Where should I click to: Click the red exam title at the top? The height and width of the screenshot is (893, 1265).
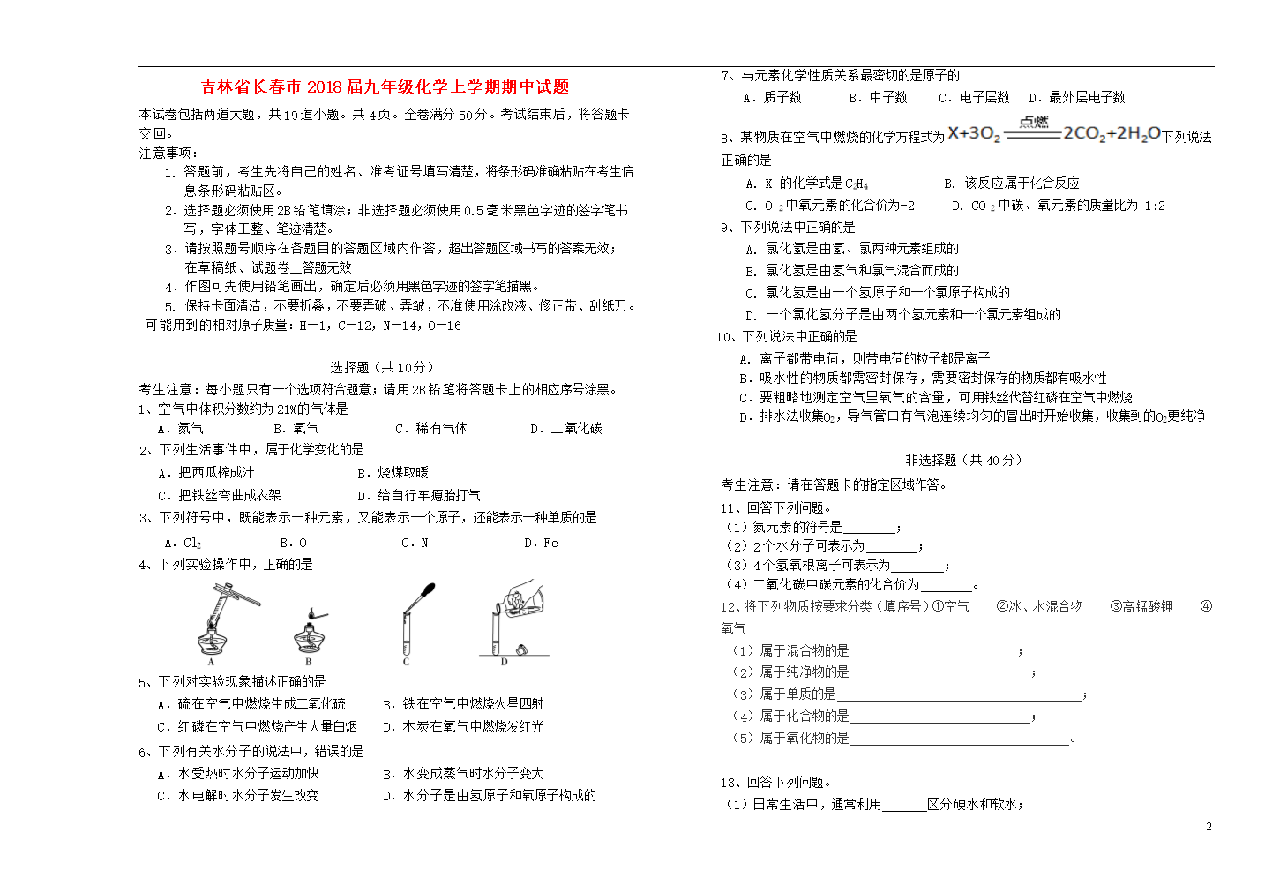point(385,86)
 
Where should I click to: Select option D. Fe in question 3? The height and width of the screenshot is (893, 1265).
point(541,543)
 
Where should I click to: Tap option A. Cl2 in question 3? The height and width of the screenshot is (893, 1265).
point(183,543)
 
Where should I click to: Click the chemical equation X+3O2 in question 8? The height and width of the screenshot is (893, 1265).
point(1054,133)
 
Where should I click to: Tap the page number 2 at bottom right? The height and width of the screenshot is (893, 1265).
point(1209,827)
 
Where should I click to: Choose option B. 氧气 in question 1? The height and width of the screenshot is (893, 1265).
point(296,428)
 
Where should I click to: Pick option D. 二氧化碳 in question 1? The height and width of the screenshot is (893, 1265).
point(565,428)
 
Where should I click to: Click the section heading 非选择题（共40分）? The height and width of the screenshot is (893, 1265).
point(963,460)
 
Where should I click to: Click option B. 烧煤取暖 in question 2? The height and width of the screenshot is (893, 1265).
point(393,472)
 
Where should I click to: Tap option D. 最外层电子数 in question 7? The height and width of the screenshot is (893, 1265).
point(1077,97)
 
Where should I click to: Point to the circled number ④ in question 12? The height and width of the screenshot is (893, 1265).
point(1206,606)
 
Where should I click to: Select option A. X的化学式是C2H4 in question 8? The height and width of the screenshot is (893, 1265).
point(806,183)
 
